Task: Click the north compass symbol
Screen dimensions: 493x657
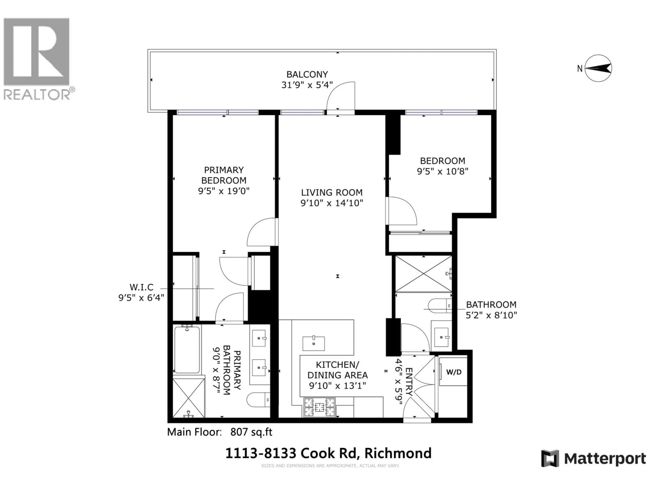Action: tap(598, 68)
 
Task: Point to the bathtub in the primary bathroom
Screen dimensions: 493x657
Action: tap(187, 350)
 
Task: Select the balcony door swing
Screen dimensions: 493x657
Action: tap(341, 97)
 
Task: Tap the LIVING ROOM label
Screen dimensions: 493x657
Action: tap(332, 193)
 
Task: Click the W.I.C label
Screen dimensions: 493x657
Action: tap(141, 287)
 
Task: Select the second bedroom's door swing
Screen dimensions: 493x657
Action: tap(401, 211)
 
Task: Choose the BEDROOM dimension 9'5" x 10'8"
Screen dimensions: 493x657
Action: tap(443, 172)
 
